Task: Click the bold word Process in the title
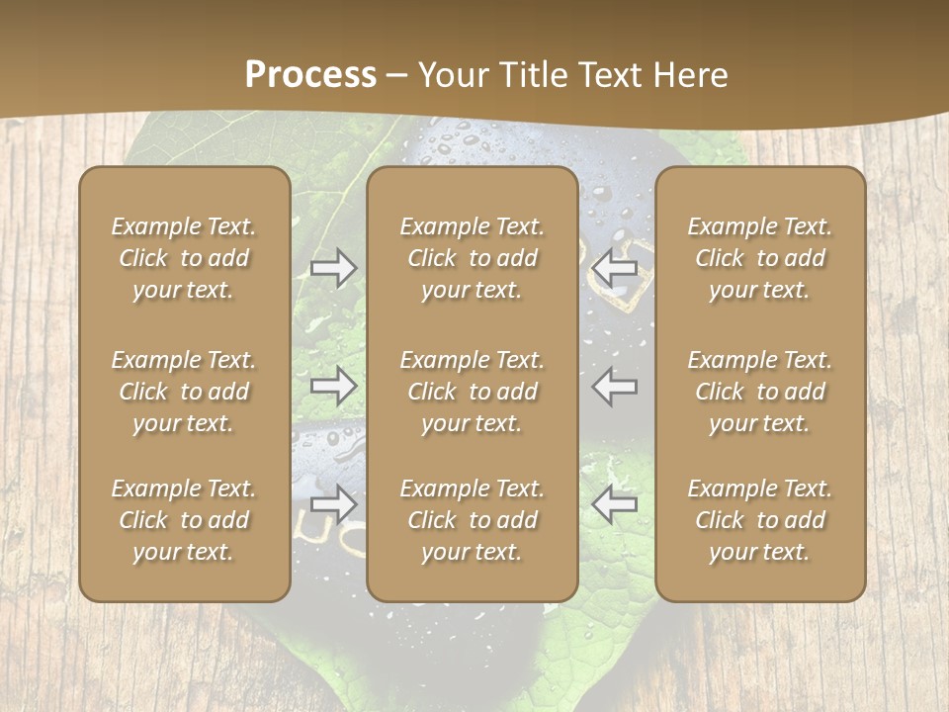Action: [310, 75]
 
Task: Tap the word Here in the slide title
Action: [691, 75]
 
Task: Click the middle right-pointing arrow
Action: [334, 386]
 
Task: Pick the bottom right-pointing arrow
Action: [334, 504]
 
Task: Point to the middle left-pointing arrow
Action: [615, 386]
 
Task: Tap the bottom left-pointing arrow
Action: [615, 504]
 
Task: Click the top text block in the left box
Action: [184, 258]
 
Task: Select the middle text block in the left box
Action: [184, 392]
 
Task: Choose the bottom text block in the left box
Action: [184, 520]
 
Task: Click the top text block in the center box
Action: [473, 258]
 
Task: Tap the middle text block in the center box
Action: [473, 392]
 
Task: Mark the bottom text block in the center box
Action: [473, 520]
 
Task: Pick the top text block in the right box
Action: [760, 258]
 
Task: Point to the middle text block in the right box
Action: [760, 392]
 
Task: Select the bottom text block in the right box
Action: [760, 520]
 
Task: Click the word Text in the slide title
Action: [612, 75]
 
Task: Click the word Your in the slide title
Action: [451, 75]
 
